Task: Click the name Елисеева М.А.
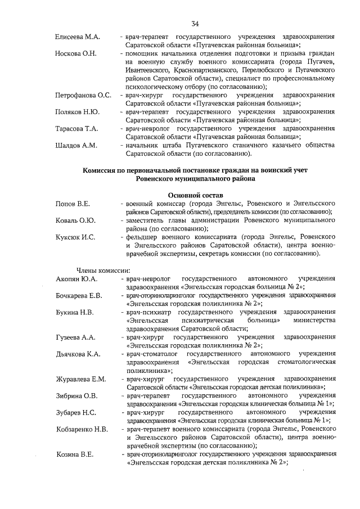coord(78,37)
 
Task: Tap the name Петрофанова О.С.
coord(83,96)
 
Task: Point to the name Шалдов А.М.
coord(76,145)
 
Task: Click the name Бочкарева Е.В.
coord(79,295)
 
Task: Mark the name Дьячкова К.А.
coord(78,353)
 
